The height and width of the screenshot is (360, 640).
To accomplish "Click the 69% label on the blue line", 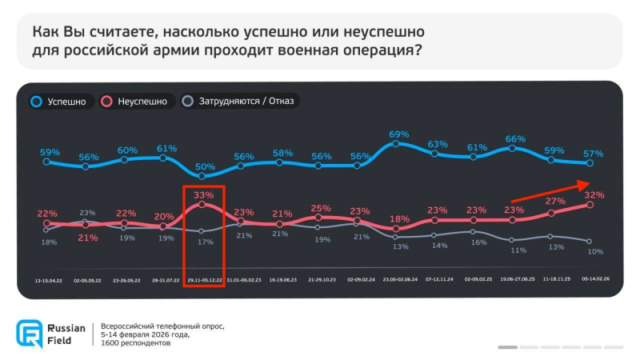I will click(398, 134).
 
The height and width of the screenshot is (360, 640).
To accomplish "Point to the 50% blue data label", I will click(205, 166).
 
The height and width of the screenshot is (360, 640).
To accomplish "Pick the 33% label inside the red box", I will click(205, 194).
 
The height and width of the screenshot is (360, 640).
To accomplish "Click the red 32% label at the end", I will click(593, 194).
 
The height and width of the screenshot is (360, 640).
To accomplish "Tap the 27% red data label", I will click(554, 202).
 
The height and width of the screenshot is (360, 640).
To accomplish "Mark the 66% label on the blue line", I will click(515, 138).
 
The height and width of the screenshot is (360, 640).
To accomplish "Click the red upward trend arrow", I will click(552, 192).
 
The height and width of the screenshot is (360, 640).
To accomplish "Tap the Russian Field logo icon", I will click(30, 334).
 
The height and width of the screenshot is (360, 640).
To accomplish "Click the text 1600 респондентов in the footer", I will click(136, 343).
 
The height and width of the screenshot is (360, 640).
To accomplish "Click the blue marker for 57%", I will click(590, 163).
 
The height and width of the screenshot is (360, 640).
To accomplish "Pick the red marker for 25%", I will click(320, 217).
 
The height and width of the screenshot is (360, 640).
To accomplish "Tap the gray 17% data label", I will click(205, 242).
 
